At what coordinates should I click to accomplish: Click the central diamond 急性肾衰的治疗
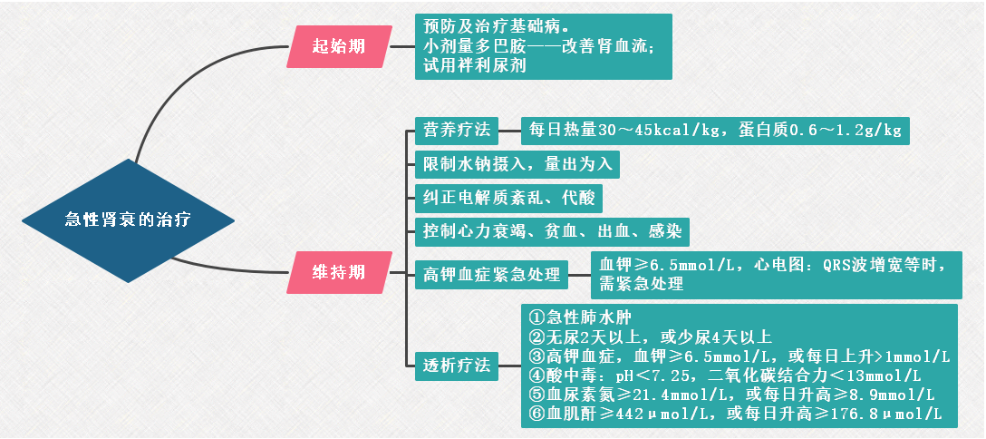pos(128,219)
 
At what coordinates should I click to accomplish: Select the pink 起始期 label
pos(337,46)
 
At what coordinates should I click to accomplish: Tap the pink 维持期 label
pos(337,271)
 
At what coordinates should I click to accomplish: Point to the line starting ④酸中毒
pos(724,375)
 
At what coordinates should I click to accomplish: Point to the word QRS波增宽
pos(866,265)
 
